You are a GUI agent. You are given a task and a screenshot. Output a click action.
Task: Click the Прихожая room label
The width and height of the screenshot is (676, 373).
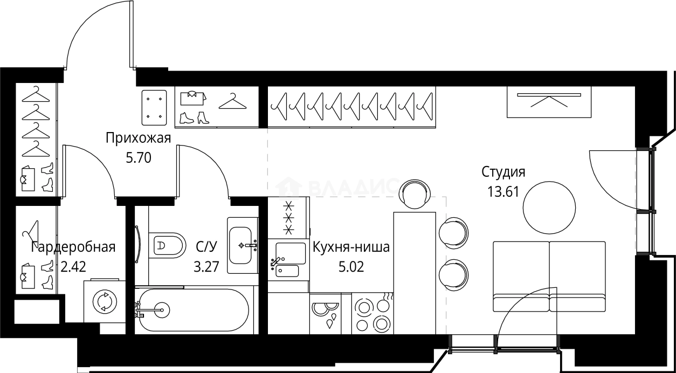[x=138, y=139]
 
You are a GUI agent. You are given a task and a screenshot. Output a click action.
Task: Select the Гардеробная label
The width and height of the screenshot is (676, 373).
[x=73, y=247]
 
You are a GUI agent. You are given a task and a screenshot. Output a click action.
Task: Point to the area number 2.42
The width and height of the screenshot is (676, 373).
[x=74, y=266]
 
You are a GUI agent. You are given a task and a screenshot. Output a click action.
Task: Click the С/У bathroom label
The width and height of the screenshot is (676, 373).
[x=206, y=247]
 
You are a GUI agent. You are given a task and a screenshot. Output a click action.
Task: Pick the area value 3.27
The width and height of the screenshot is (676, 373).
[x=206, y=266]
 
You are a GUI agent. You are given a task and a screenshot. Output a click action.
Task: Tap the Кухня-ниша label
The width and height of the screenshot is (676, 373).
[x=351, y=247]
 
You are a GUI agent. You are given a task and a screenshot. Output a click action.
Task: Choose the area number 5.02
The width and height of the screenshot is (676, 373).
[x=351, y=266]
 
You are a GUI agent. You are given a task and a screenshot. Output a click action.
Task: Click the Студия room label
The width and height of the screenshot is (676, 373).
[x=503, y=172]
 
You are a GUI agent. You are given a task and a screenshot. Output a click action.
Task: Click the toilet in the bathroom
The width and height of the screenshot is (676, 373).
[x=167, y=246]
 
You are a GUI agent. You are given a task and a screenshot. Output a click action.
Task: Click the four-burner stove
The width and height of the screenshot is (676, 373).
[x=373, y=314]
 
